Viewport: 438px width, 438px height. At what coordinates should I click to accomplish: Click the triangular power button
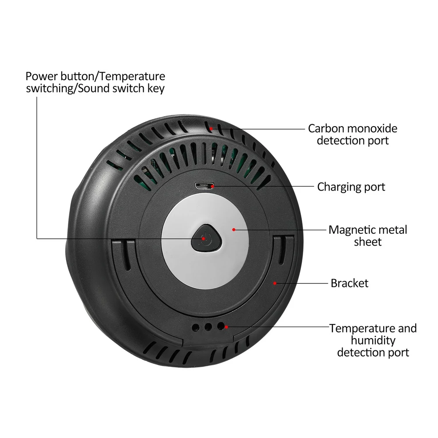click(x=206, y=238)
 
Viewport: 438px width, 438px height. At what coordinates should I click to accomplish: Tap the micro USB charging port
click(x=205, y=186)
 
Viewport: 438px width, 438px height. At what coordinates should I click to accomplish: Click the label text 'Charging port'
click(x=351, y=187)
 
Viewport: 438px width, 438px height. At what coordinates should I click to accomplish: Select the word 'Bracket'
click(x=350, y=283)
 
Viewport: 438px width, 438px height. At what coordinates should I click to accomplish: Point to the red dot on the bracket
click(x=275, y=283)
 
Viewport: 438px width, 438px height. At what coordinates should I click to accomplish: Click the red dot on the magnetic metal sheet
click(x=234, y=230)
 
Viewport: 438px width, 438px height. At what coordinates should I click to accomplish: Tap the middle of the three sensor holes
click(x=208, y=327)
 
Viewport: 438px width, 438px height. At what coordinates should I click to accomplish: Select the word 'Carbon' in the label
click(x=326, y=128)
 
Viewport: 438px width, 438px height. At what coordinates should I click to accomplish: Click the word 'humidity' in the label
click(x=373, y=341)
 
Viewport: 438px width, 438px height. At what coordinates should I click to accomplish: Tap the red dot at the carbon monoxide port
click(x=211, y=129)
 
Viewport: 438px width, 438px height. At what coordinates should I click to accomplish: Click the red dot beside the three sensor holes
click(x=226, y=327)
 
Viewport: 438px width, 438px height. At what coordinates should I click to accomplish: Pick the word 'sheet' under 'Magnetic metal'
click(x=367, y=242)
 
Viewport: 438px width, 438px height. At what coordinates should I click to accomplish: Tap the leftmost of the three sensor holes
click(x=195, y=327)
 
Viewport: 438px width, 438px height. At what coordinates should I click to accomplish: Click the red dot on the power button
click(x=203, y=239)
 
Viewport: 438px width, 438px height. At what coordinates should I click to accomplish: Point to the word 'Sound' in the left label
click(x=94, y=88)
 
